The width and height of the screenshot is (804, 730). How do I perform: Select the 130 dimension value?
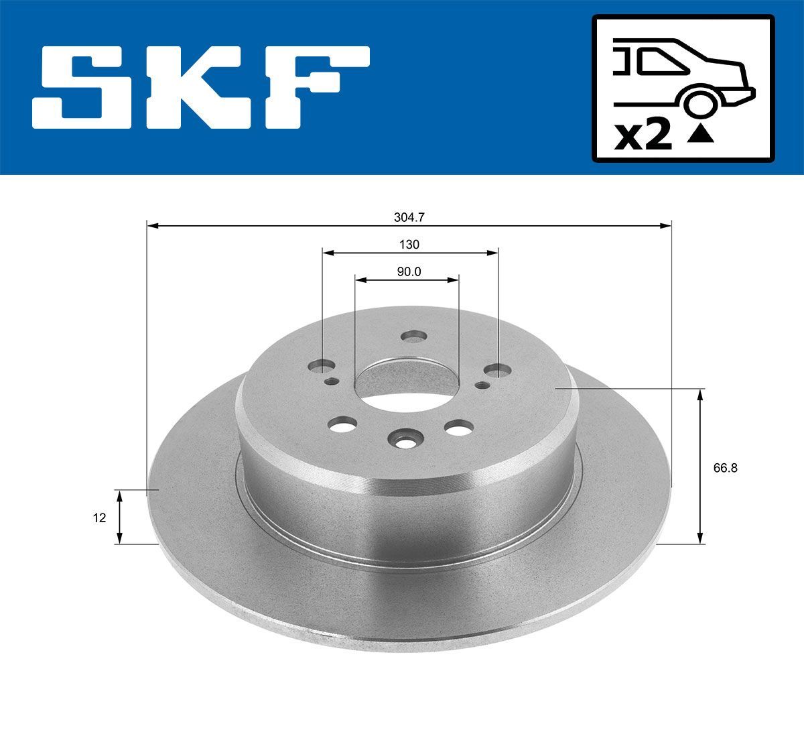[409, 245]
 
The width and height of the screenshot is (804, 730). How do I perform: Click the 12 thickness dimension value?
[100, 518]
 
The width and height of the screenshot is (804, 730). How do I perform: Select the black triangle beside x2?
[701, 135]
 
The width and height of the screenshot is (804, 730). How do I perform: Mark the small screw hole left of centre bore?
[331, 381]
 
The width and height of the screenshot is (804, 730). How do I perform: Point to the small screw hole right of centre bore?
[482, 385]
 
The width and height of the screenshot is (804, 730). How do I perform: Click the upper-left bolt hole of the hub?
[323, 366]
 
